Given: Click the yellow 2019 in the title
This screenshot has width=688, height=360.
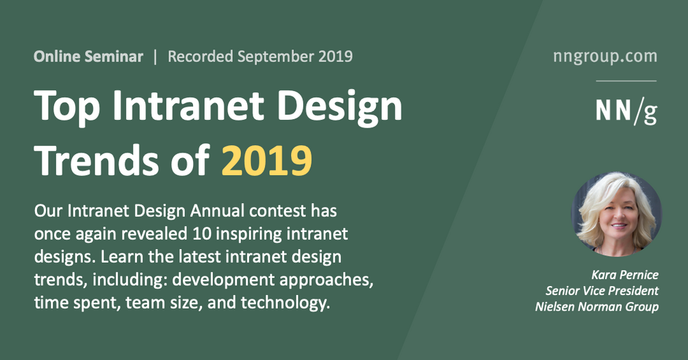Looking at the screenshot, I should click(x=267, y=160).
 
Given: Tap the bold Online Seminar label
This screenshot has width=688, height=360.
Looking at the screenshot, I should click(x=88, y=56).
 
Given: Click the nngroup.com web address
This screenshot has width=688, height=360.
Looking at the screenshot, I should click(x=604, y=56).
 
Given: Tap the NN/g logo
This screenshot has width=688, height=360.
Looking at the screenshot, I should click(x=626, y=110).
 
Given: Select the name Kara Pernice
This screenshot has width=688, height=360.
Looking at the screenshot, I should click(x=624, y=275).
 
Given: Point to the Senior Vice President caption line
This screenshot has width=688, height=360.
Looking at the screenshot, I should click(x=602, y=291).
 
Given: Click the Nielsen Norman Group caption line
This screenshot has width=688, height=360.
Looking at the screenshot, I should click(x=596, y=307).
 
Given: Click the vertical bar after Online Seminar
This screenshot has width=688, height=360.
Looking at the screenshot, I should click(x=155, y=56).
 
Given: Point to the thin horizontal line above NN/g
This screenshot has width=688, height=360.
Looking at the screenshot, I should click(x=626, y=81).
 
